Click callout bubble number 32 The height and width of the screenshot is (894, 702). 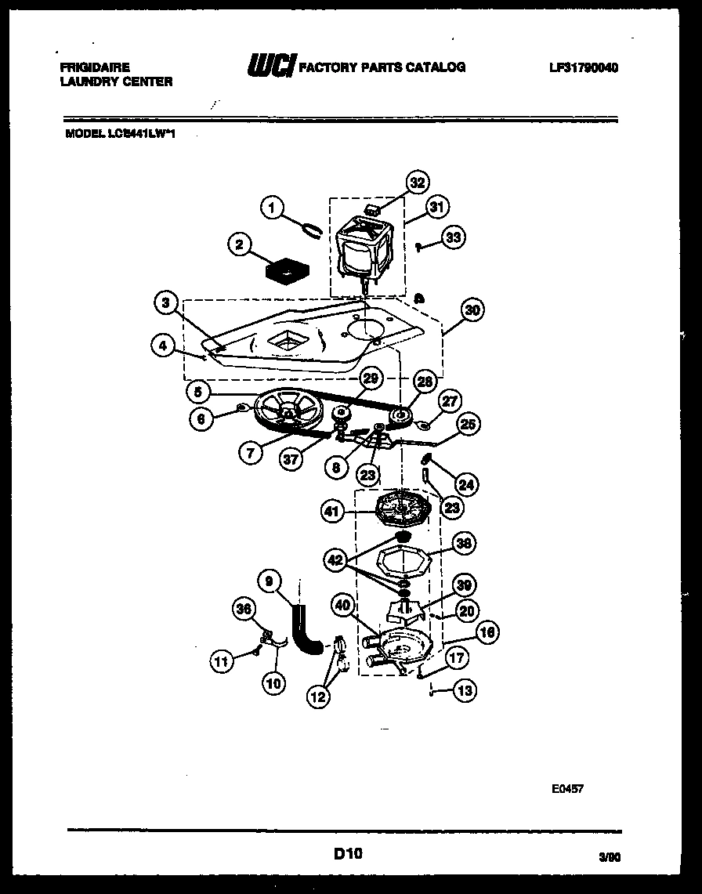point(417,183)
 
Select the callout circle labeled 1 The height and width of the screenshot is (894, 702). point(271,208)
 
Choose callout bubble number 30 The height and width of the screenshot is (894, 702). point(471,310)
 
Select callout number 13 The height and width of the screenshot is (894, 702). point(465,690)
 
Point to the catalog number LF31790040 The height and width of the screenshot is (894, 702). point(584,68)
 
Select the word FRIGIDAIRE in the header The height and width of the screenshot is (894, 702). point(95,68)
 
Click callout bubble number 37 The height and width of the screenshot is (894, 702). point(291,460)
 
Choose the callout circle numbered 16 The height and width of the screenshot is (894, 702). point(487,632)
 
